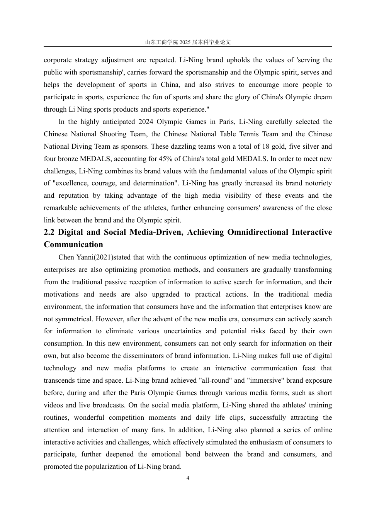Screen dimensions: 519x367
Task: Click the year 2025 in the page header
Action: [x=185, y=42]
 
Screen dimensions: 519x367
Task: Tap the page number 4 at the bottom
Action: [x=188, y=478]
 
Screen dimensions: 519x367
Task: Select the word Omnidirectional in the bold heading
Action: [x=258, y=232]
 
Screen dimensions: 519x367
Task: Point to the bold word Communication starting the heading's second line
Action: [x=73, y=244]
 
